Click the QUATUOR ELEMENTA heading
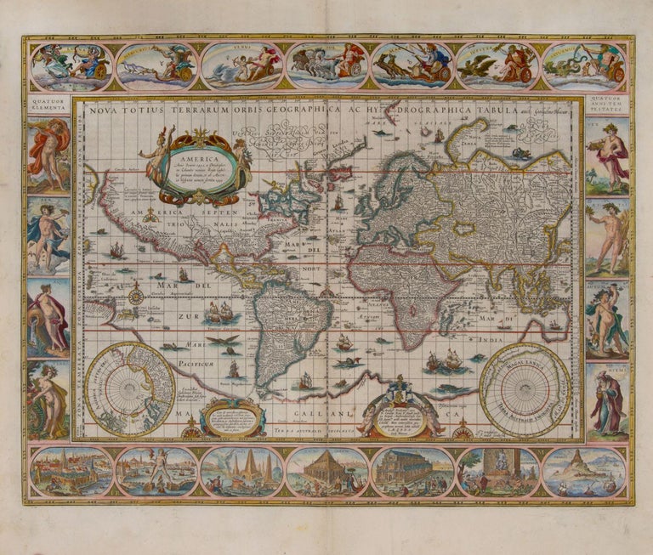(48, 105)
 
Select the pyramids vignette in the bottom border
(241, 471)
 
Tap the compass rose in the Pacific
(136, 295)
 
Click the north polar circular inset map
(130, 389)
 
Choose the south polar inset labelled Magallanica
(525, 388)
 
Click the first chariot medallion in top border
(71, 66)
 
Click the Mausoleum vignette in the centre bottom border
(326, 471)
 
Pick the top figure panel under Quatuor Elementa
(48, 155)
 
